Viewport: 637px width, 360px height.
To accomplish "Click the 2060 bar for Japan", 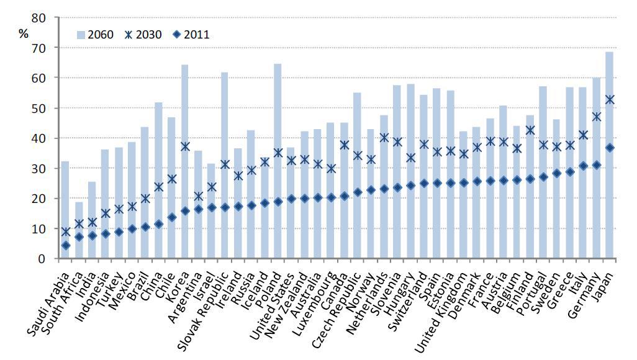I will [x=609, y=155].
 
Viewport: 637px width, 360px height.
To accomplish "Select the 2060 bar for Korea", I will [x=184, y=161].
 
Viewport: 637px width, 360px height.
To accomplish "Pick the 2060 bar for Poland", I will [x=278, y=161].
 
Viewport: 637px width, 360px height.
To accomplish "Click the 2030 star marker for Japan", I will [x=609, y=99].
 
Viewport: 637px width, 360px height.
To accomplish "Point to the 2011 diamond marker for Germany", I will [x=596, y=165].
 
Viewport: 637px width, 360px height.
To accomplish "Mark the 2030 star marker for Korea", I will [x=184, y=146].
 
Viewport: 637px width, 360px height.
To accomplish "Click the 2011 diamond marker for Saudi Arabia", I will [x=65, y=245].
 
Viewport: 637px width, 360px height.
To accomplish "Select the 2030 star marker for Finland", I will [x=530, y=130].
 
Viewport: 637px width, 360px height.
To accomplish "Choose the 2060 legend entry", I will [x=94, y=34].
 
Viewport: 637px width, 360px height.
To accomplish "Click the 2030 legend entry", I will [x=144, y=34].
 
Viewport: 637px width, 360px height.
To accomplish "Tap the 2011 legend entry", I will [x=190, y=34].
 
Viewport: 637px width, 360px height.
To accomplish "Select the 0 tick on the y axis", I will [x=40, y=259].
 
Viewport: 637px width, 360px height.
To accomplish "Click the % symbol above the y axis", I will [x=24, y=33].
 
